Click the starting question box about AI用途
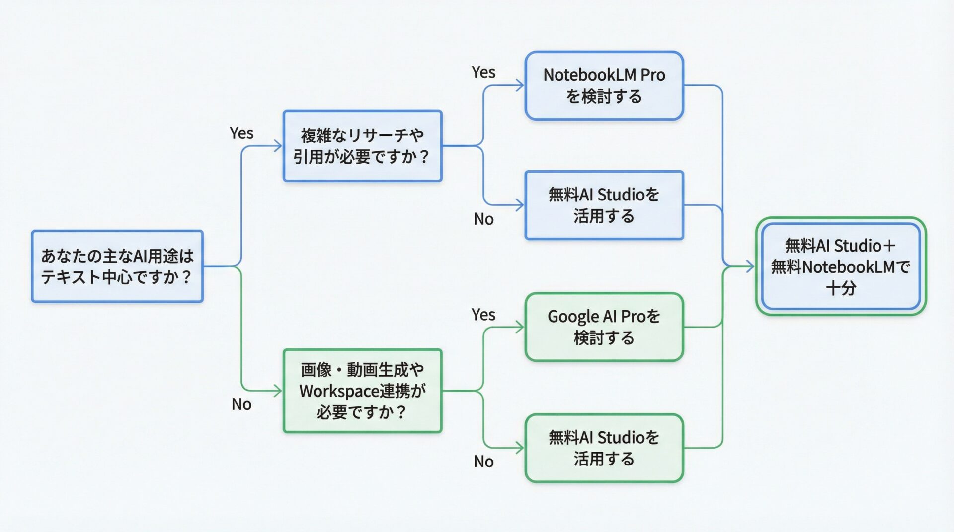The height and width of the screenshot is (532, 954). [117, 266]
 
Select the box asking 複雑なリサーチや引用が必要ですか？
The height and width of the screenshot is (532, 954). [362, 146]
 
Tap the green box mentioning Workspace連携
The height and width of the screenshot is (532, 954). [362, 391]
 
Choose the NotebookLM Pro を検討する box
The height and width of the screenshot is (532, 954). [604, 85]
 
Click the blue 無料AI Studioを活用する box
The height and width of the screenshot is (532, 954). [604, 205]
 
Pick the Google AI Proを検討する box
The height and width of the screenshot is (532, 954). [604, 327]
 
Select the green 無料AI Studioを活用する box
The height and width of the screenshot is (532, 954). [604, 448]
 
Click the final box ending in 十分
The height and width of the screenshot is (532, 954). [841, 266]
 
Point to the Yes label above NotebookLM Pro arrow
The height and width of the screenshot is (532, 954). [483, 72]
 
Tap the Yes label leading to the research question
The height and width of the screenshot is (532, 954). [241, 133]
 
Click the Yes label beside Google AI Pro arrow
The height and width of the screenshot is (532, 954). [483, 315]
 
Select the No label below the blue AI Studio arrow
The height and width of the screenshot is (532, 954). [483, 219]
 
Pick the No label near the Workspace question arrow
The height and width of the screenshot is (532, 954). [241, 404]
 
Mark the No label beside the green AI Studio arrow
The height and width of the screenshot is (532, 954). [483, 462]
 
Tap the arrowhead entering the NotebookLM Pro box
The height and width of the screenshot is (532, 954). [520, 85]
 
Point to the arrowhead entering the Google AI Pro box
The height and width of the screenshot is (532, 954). [520, 327]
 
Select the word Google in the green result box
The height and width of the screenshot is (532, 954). [573, 317]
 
